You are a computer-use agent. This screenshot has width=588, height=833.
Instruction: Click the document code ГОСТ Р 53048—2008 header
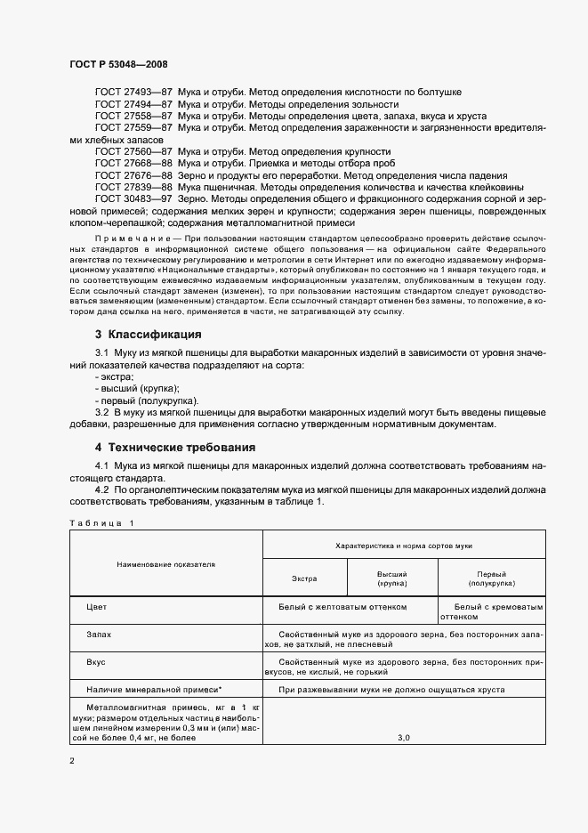(x=117, y=65)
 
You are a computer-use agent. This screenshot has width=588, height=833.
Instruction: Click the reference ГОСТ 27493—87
(x=133, y=93)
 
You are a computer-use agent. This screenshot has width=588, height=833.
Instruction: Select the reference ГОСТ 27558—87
(x=133, y=117)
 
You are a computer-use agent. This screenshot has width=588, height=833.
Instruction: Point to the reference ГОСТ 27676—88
(x=133, y=175)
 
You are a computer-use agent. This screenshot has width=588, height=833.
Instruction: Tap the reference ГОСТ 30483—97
(x=133, y=199)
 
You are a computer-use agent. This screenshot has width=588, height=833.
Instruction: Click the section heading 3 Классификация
(x=148, y=335)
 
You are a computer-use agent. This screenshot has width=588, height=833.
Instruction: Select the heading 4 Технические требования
(x=175, y=447)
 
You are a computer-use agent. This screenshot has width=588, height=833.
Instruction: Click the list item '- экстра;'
(x=114, y=376)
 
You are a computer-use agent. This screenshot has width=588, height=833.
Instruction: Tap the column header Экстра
(x=304, y=579)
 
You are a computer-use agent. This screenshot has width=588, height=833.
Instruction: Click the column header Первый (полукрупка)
(x=491, y=579)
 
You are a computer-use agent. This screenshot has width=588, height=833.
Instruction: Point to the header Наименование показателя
(x=165, y=563)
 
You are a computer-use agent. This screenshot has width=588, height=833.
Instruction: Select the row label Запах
(x=99, y=636)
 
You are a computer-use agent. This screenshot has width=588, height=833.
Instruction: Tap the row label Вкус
(x=96, y=663)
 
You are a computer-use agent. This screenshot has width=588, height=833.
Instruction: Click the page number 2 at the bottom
(x=72, y=761)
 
